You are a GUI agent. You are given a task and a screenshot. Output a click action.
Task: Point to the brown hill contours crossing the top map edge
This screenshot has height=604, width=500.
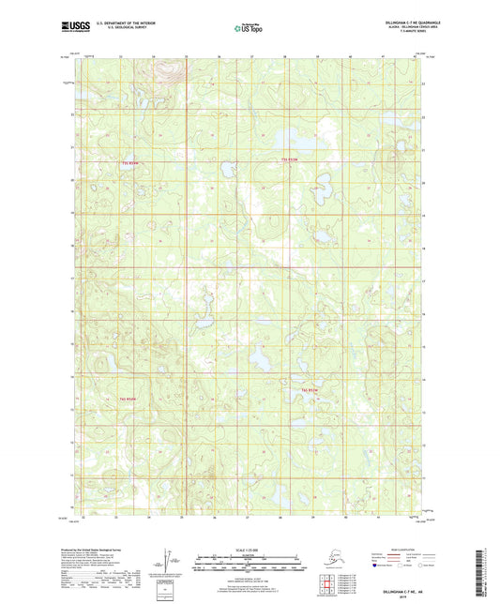(167, 68)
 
